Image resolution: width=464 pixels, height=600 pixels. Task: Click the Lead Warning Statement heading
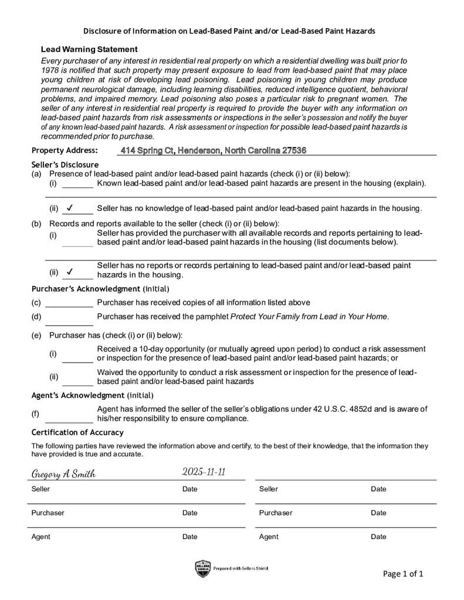(x=89, y=49)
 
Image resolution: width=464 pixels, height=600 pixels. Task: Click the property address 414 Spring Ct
(x=213, y=151)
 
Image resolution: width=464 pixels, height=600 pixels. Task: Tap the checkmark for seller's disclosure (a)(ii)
(x=70, y=207)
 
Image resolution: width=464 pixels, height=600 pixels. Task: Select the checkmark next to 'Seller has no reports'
(x=70, y=271)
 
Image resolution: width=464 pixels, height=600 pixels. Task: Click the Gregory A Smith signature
(x=63, y=474)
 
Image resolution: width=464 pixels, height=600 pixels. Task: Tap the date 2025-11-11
(x=204, y=472)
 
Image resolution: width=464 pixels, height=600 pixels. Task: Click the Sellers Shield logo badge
(x=202, y=568)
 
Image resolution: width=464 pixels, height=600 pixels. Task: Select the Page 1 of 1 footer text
(x=403, y=574)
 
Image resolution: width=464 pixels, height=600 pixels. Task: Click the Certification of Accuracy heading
(x=77, y=432)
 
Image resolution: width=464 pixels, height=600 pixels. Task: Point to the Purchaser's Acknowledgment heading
(x=100, y=289)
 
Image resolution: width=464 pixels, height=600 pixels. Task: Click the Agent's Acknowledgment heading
(x=92, y=396)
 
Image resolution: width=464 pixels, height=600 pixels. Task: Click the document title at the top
(x=229, y=30)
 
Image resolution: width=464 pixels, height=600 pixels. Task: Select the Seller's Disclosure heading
(x=65, y=165)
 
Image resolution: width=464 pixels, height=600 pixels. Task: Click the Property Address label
(x=65, y=151)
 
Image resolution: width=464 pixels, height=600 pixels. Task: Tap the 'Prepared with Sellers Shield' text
(x=241, y=568)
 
